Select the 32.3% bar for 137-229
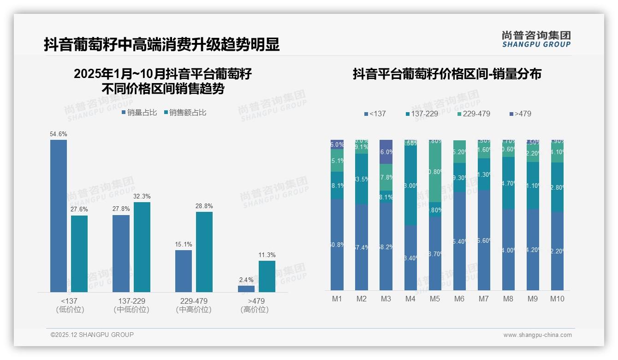click(142, 247)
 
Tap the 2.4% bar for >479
click(246, 288)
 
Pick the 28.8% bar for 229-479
click(204, 252)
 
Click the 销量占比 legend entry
click(139, 112)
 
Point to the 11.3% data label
click(267, 255)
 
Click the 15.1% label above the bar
click(184, 244)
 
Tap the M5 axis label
click(435, 299)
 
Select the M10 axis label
click(557, 299)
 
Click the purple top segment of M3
click(386, 151)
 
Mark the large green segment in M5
click(435, 171)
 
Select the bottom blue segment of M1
click(337, 245)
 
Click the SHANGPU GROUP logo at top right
click(536, 39)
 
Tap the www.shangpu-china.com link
click(537, 335)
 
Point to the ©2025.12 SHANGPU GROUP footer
click(92, 335)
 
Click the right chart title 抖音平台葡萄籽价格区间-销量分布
click(447, 74)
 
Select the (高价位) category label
click(255, 310)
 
